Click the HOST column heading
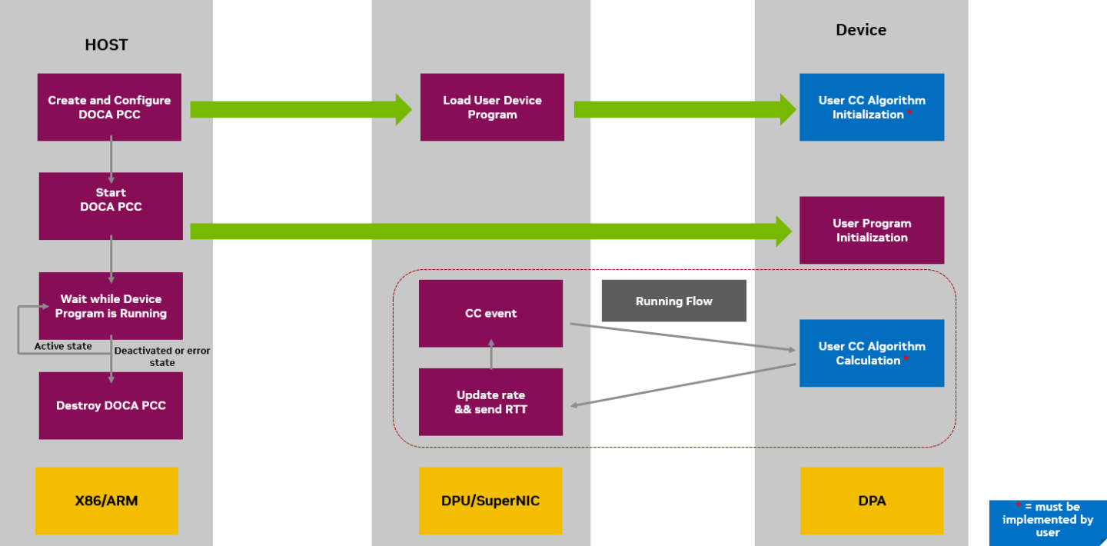coord(106,45)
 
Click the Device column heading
coord(861,30)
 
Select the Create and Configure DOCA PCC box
coord(109,107)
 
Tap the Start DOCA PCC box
coord(111,205)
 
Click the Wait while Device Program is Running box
coord(111,305)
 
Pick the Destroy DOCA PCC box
coord(111,405)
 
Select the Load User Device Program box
coord(492,107)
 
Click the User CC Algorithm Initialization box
coord(871,107)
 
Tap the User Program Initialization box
coord(871,230)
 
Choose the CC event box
coord(490,313)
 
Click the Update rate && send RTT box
coord(490,401)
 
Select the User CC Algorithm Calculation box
coord(871,353)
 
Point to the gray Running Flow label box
coord(673,301)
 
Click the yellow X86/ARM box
coord(106,501)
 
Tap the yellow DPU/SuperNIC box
coord(490,501)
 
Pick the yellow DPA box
coord(871,501)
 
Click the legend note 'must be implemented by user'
coord(1047,519)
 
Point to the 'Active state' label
coord(63,346)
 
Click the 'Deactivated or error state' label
coord(162,356)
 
